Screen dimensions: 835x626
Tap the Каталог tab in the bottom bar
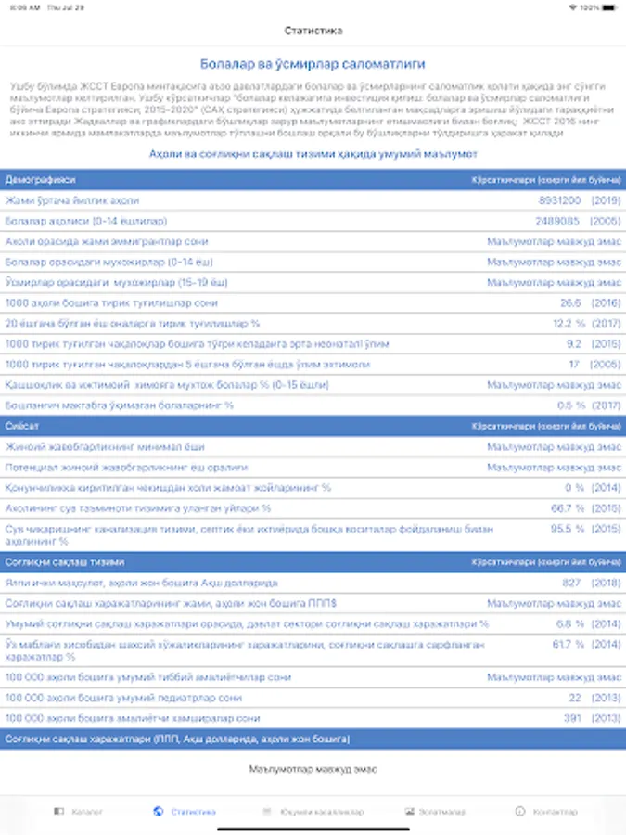80,811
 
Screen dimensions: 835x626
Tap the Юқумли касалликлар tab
313,811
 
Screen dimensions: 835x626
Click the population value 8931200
559,199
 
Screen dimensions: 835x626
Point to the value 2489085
558,221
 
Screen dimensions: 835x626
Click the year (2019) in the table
606,199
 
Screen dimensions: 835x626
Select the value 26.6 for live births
570,302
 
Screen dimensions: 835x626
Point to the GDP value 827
571,583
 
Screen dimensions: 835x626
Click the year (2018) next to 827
606,583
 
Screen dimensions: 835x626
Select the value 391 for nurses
572,718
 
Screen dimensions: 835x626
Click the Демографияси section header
41,178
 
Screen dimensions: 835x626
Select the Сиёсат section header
21,426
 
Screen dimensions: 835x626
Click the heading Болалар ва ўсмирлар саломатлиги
313,64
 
